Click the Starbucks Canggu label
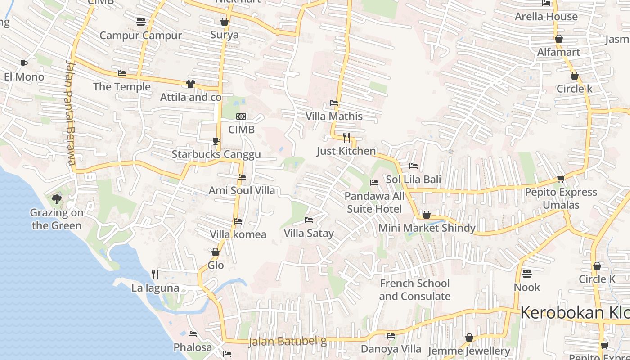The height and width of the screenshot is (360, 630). [x=216, y=155]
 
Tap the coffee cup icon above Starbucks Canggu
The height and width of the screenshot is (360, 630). [x=216, y=141]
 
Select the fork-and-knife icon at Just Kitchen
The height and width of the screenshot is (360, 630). [x=346, y=137]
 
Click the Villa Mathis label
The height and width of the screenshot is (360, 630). [x=334, y=117]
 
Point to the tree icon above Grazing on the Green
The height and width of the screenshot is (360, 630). [x=57, y=199]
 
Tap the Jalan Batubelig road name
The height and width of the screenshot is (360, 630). [x=288, y=342]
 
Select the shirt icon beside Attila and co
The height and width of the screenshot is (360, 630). [x=190, y=84]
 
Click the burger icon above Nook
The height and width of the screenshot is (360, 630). [x=527, y=274]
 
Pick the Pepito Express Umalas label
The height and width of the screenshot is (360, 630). [x=561, y=198]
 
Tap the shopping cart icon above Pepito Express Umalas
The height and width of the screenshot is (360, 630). [x=561, y=179]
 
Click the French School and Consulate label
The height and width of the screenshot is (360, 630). [x=414, y=290]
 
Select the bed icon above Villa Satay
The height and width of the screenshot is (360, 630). [x=309, y=220]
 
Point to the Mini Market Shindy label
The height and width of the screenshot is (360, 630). [x=427, y=228]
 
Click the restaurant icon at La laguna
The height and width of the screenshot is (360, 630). [x=155, y=274]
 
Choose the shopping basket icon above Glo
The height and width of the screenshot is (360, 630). [x=216, y=252]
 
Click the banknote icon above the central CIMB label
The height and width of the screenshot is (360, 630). [x=241, y=117]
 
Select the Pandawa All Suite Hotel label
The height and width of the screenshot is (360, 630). [x=374, y=202]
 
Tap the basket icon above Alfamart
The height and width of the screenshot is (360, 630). [x=559, y=39]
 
